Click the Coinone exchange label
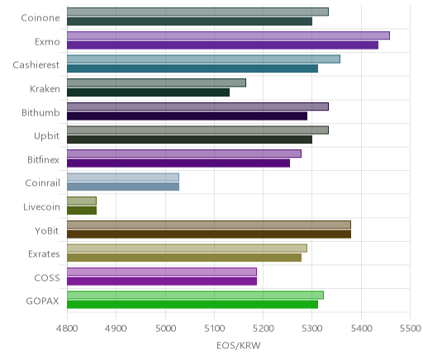tap(40, 18)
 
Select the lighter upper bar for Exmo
tap(228, 36)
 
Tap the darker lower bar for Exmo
tap(222, 45)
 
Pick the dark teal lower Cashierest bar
tap(192, 69)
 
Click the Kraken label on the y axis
tap(45, 89)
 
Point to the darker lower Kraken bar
tap(148, 92)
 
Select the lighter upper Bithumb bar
tap(197, 107)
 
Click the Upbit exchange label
tap(46, 136)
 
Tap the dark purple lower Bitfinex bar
tap(178, 163)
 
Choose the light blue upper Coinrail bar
tap(123, 178)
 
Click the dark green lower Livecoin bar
tap(82, 211)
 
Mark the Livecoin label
tap(41, 206)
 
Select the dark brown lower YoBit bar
tap(209, 234)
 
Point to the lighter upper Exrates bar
tap(187, 249)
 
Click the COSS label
tap(47, 278)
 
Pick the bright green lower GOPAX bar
tap(192, 305)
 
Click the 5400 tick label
tap(361, 329)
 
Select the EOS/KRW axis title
tap(239, 346)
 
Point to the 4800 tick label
tap(67, 329)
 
